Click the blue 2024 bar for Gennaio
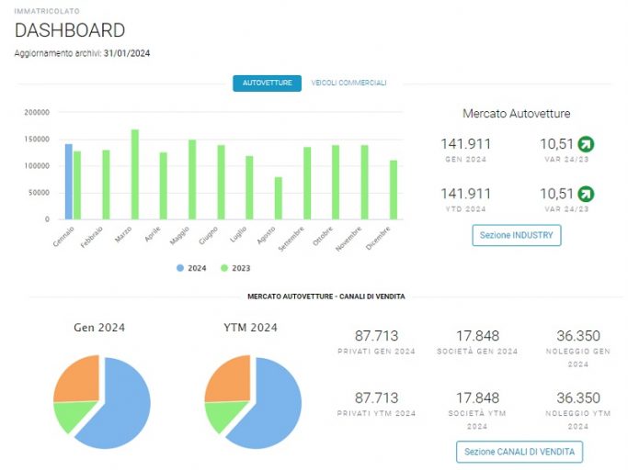tap(69, 182)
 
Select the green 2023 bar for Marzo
tap(135, 174)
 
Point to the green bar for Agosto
tap(278, 198)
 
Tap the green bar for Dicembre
tap(394, 190)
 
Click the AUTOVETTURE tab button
tap(268, 84)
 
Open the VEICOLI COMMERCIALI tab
tap(348, 83)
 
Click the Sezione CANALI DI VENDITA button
tap(520, 452)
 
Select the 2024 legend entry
tap(191, 268)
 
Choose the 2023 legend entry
tap(235, 268)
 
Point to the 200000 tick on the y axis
tap(37, 112)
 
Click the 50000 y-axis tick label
tap(40, 193)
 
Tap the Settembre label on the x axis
tap(291, 239)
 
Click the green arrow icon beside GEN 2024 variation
tap(586, 144)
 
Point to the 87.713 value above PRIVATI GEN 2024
tap(376, 336)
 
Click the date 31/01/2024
tap(127, 53)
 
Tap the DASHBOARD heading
tap(70, 30)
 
